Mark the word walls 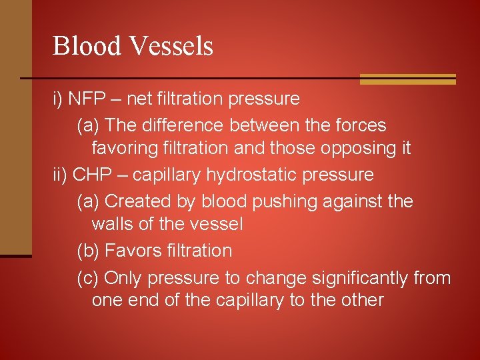[x=110, y=224]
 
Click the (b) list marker [x=88, y=251]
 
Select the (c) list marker [x=88, y=277]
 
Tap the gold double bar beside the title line [x=407, y=79]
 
